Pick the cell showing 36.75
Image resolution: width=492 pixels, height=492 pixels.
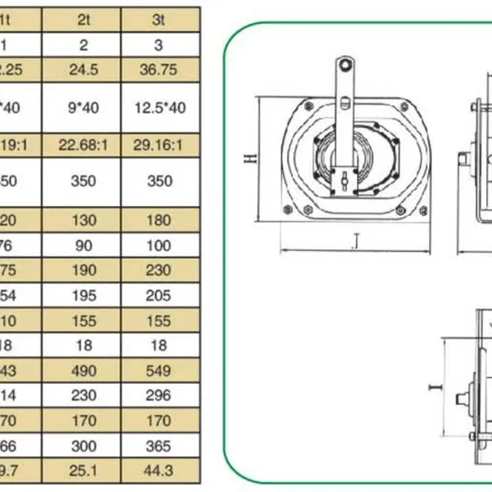point(159,70)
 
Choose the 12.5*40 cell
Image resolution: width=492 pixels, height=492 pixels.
point(159,107)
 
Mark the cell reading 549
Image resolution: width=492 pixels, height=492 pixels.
point(159,371)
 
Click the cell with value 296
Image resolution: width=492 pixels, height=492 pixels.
point(159,396)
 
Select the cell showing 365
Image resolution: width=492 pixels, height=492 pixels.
point(159,447)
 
